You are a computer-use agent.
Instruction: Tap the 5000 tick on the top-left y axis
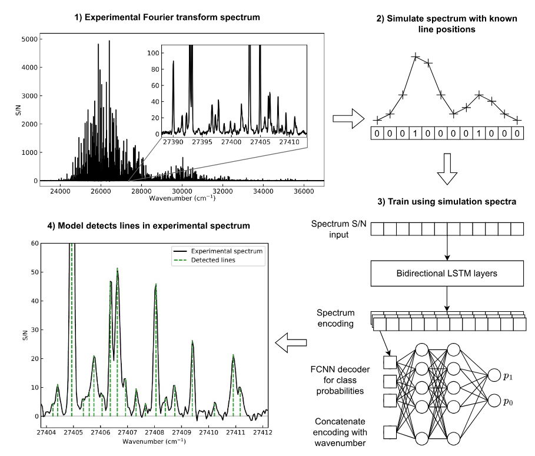click(x=30, y=39)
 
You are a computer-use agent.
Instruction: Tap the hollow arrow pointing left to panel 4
click(x=288, y=343)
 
